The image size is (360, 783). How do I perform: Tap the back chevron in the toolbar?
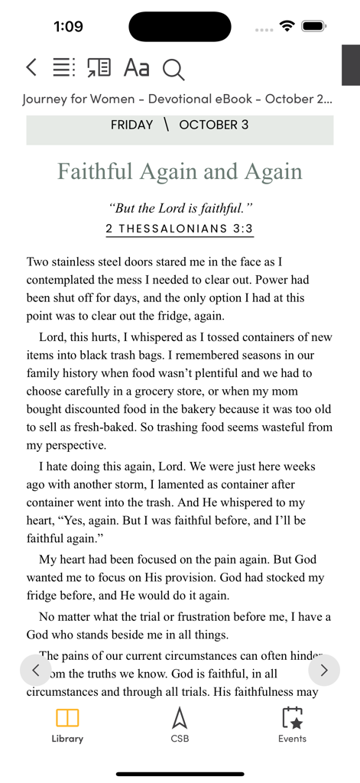[31, 67]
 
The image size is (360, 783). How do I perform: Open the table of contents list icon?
[63, 67]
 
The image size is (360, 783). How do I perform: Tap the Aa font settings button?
[136, 68]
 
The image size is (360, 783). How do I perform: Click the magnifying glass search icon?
[174, 70]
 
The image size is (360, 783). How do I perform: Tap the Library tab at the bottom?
[67, 726]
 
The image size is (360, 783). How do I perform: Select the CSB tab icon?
[180, 726]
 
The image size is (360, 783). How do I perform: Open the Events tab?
[292, 726]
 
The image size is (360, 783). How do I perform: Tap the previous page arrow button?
[36, 671]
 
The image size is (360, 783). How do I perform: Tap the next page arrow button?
[324, 671]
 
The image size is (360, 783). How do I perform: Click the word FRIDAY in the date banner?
[131, 125]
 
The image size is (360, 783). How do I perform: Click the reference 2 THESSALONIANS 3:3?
[180, 229]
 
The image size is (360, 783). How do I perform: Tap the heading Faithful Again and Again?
[180, 171]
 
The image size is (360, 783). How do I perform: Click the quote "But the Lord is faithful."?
[180, 208]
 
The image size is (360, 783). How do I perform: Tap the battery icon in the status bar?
[314, 26]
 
